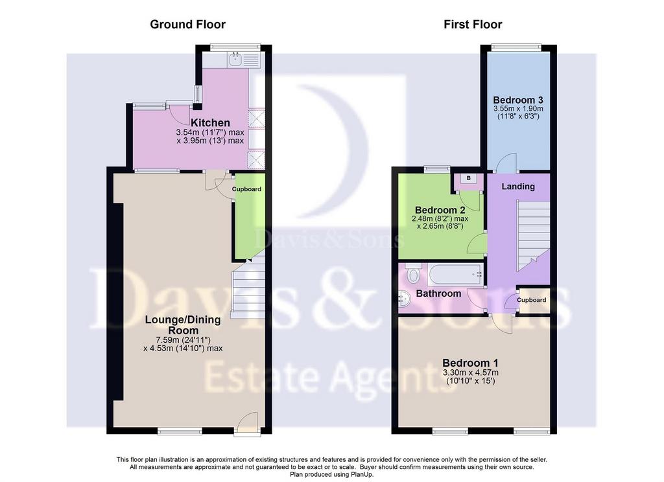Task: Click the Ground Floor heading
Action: pyautogui.click(x=187, y=25)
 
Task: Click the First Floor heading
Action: pyautogui.click(x=473, y=25)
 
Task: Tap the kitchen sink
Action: pyautogui.click(x=235, y=60)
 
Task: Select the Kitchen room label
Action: pyautogui.click(x=210, y=122)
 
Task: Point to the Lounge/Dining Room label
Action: pyautogui.click(x=183, y=325)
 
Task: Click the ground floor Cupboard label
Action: pyautogui.click(x=246, y=189)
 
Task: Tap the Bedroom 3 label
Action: pyautogui.click(x=518, y=100)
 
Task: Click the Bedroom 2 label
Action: pyautogui.click(x=440, y=211)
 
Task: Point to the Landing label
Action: pyautogui.click(x=518, y=187)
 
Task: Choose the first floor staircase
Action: pyautogui.click(x=533, y=236)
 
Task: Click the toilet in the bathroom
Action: pyautogui.click(x=412, y=273)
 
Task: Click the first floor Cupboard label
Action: pyautogui.click(x=532, y=300)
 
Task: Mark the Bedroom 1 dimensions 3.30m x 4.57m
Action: pyautogui.click(x=470, y=373)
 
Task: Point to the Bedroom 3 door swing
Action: pyautogui.click(x=506, y=163)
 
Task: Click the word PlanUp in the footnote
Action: pyautogui.click(x=362, y=475)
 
